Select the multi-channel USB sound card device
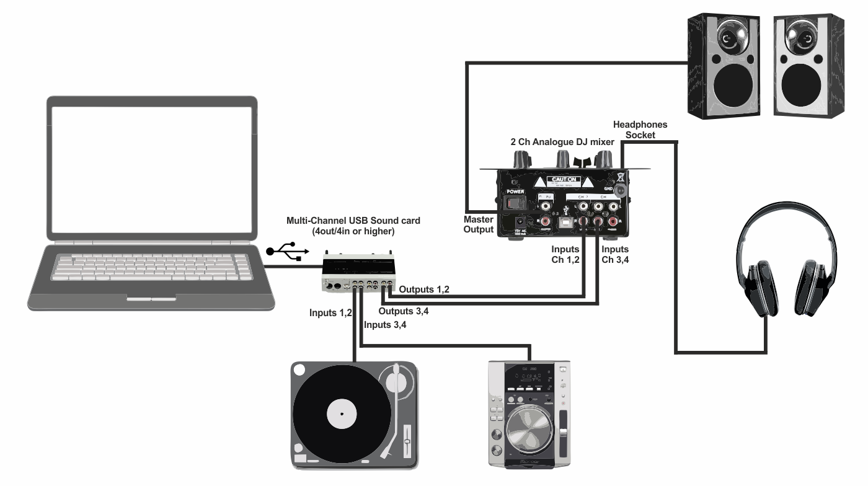coord(359,273)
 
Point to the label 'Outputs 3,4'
coord(404,311)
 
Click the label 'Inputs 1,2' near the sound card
coord(330,313)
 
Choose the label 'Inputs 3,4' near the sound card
coord(386,325)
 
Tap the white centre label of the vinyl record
coord(342,413)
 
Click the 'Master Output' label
coord(479,224)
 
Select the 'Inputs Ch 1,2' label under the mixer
coord(566,255)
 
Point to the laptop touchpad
coord(151,299)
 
